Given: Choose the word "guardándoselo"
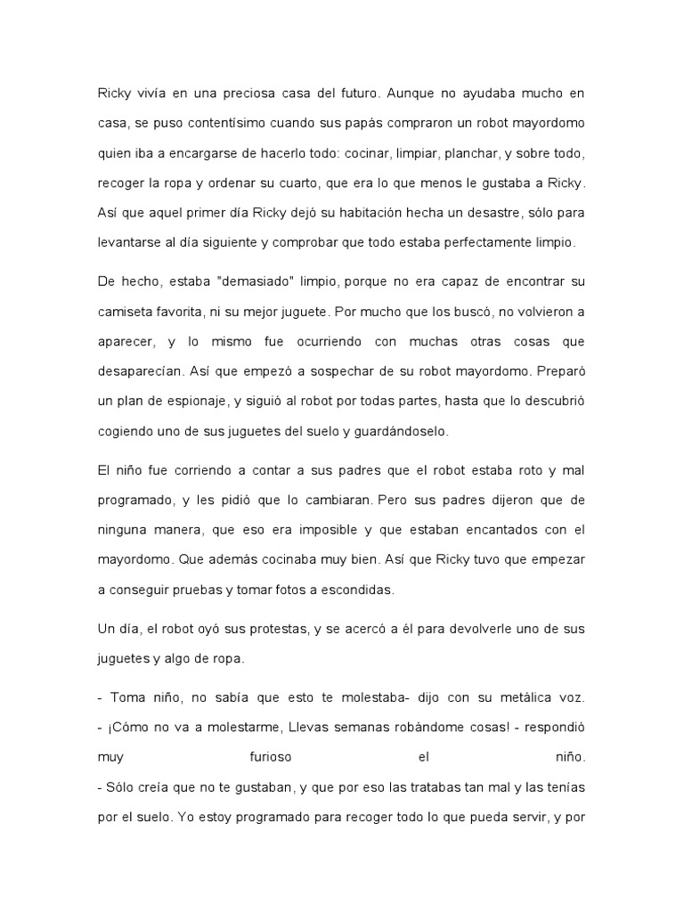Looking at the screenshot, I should tap(399, 430).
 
